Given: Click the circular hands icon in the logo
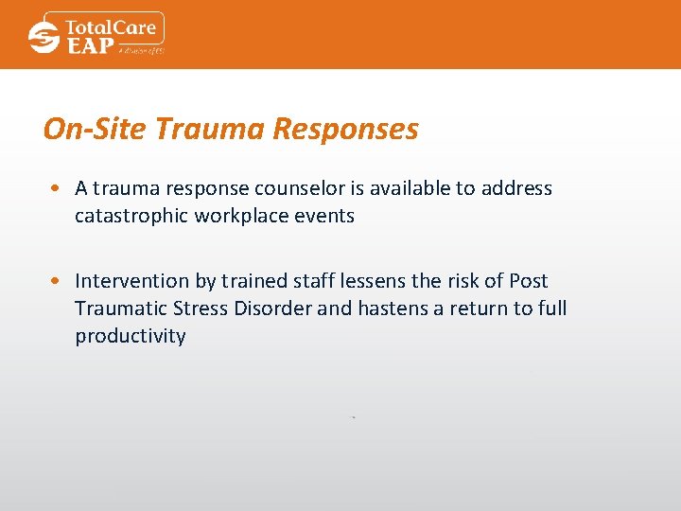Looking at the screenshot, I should [44, 37].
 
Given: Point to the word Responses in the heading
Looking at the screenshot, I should [344, 129].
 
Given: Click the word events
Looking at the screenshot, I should [325, 216].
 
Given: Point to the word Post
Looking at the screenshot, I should [528, 281].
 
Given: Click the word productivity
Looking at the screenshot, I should [131, 337].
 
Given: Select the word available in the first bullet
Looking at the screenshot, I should [409, 188].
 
